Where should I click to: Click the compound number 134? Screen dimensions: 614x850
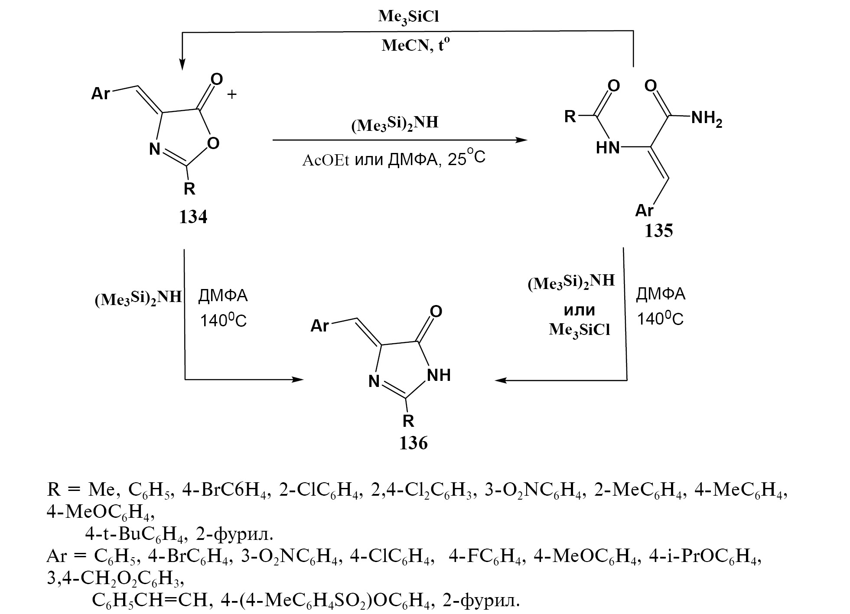(193, 217)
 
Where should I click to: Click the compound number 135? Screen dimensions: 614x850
(658, 231)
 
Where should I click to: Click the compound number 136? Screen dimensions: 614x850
(414, 443)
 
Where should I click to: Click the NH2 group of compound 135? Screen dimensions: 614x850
(706, 118)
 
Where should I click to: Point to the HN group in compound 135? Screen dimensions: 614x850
(608, 149)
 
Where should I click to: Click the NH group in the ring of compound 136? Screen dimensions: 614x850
(439, 375)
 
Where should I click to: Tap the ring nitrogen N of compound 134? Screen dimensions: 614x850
(155, 149)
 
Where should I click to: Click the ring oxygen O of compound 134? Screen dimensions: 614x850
(213, 143)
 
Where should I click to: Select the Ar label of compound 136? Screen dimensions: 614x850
(320, 326)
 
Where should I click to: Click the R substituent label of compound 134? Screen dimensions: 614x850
(189, 189)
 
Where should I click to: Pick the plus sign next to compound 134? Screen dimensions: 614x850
(232, 94)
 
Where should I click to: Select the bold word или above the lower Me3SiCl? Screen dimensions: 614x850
(579, 310)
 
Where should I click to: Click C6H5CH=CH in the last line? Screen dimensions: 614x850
(151, 600)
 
